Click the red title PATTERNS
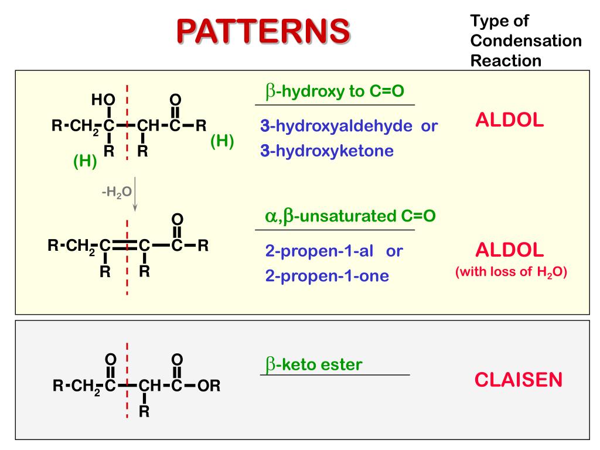click(x=263, y=31)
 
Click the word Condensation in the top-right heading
click(x=526, y=41)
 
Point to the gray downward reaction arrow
click(x=135, y=194)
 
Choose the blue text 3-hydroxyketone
click(x=327, y=151)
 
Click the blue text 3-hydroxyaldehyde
click(x=336, y=126)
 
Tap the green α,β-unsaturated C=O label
click(x=350, y=216)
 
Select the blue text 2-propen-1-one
click(x=326, y=276)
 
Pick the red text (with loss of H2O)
click(x=511, y=272)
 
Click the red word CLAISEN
click(x=518, y=380)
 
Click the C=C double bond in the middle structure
click(x=124, y=246)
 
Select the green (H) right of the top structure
click(x=222, y=141)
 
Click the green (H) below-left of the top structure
click(x=85, y=161)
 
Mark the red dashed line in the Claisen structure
click(x=127, y=381)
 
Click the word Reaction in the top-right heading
click(x=506, y=60)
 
